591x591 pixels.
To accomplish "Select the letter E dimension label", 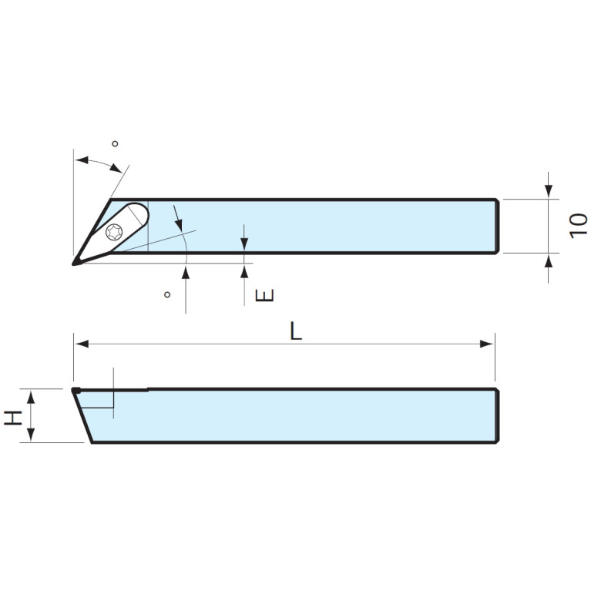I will pos(264,295).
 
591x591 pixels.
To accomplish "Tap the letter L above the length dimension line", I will pos(296,331).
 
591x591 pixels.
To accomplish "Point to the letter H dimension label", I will pos(13,417).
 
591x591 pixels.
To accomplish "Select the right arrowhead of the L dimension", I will pos(487,344).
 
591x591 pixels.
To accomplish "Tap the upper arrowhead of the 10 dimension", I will pos(548,191).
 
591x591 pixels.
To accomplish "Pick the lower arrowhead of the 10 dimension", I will pos(548,260).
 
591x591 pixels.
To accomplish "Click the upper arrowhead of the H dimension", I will pos(31,396).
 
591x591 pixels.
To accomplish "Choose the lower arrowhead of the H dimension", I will pos(31,435).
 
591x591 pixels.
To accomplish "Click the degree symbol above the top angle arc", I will pos(115,144).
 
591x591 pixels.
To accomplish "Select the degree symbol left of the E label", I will pos(166,295).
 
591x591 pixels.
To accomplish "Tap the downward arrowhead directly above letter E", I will pos(243,244).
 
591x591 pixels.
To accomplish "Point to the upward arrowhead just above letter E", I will pos(243,270).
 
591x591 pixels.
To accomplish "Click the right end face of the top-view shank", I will pos(497,226).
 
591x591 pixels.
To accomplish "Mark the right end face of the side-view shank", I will pos(497,416).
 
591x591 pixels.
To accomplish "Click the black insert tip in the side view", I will pos(76,391).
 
